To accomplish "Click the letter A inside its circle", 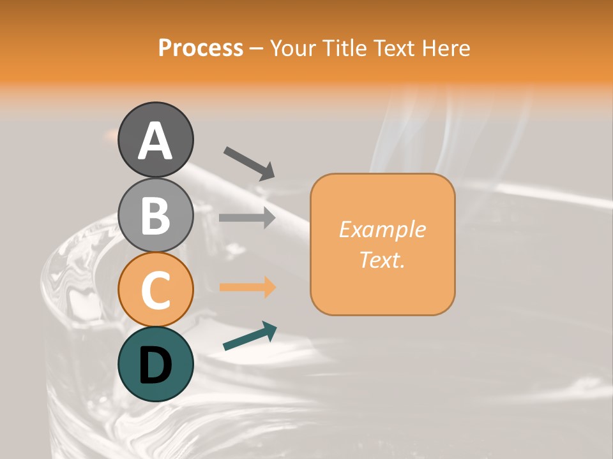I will [x=155, y=141].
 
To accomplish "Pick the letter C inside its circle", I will [x=155, y=290].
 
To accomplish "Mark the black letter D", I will [x=155, y=365].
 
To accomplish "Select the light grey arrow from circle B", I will [x=247, y=217].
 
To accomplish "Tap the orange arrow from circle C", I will [x=247, y=288].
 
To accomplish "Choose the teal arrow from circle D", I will [x=250, y=335].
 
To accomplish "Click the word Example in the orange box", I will [x=382, y=229].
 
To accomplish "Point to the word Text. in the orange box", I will [x=382, y=259].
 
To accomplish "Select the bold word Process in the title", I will [x=201, y=48].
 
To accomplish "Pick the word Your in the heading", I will [x=293, y=48].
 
